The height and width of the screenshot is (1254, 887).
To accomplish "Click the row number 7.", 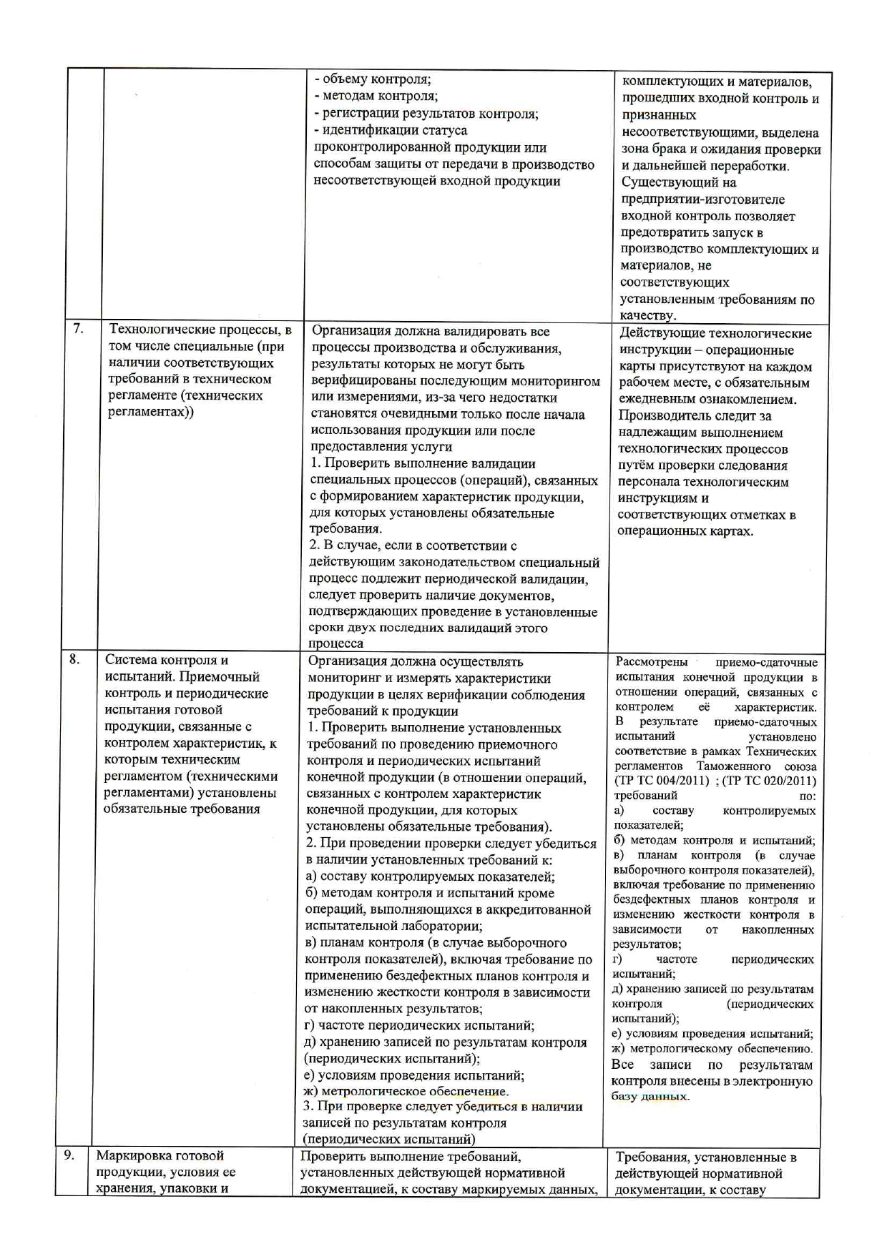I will [x=78, y=330].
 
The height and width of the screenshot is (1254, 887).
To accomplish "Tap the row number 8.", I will [x=74, y=659].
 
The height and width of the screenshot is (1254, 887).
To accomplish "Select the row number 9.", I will [x=69, y=1155].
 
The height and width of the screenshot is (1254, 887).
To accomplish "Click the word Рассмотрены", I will [x=652, y=662].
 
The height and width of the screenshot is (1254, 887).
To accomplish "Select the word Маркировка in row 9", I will [x=134, y=1155].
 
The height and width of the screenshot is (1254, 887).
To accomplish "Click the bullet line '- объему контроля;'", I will [x=373, y=79].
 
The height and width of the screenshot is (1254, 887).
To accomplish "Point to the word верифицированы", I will [x=365, y=382].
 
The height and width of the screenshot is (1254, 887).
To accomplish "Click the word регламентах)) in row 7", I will [x=150, y=413].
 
